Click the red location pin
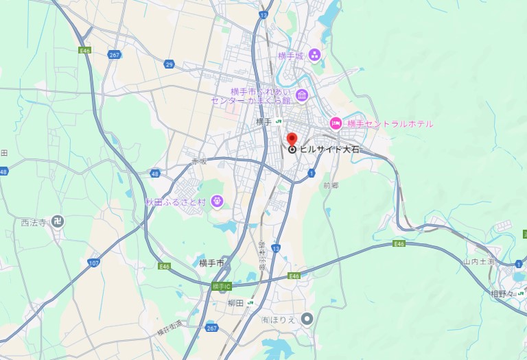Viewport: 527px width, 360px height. [292, 139]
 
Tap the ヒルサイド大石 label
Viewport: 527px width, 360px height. [329, 149]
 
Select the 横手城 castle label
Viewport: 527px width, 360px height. [290, 56]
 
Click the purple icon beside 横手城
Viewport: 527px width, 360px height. [314, 55]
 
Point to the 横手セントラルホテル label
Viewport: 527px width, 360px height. [390, 124]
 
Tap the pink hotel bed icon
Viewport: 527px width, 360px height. [336, 123]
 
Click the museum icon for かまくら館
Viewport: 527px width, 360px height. [302, 95]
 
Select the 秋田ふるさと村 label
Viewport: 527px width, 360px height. [175, 202]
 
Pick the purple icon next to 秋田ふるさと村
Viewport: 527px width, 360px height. [218, 201]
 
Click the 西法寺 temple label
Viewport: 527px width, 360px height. [33, 222]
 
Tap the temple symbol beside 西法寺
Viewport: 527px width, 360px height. [58, 222]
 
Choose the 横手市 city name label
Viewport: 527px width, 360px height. [211, 263]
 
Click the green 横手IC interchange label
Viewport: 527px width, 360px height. [222, 285]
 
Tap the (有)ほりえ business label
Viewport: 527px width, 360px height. [278, 319]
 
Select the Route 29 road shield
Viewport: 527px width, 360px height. [169, 64]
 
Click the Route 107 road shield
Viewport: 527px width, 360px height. [94, 262]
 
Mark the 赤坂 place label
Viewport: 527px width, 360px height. [199, 162]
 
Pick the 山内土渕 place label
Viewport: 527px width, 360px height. [479, 261]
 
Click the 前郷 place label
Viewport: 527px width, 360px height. [331, 185]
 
